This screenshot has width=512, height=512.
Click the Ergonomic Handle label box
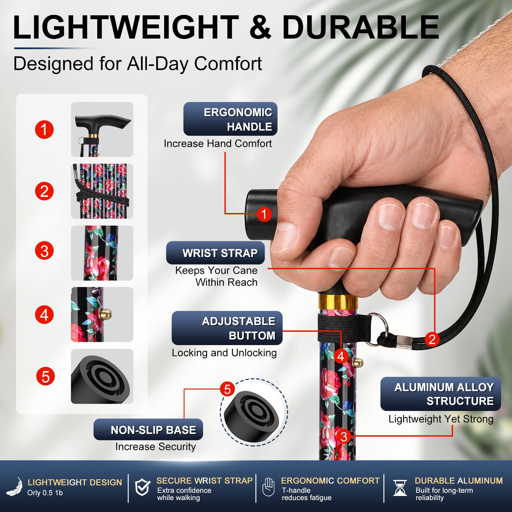click(x=230, y=119)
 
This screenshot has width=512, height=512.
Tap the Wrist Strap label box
click(x=215, y=253)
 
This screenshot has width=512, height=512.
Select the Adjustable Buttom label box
click(x=227, y=328)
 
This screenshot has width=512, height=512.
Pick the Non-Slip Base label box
click(x=148, y=429)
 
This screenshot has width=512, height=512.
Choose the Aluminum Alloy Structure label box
click(x=441, y=394)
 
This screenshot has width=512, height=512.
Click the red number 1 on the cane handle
click(x=264, y=214)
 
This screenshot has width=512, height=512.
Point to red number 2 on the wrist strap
click(x=432, y=339)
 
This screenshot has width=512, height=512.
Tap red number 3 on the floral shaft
click(x=344, y=436)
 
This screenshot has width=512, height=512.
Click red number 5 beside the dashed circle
click(x=227, y=389)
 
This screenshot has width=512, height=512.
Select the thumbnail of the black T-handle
click(x=102, y=129)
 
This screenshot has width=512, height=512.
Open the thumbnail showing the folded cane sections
click(x=102, y=191)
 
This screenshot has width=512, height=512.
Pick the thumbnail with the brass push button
click(x=102, y=314)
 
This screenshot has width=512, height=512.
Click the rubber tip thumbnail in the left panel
click(x=102, y=376)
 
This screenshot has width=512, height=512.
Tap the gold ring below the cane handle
click(x=338, y=301)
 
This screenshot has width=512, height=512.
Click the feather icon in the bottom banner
click(x=15, y=487)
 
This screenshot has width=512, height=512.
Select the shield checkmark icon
click(x=142, y=487)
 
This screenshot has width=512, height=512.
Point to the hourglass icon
click(x=400, y=488)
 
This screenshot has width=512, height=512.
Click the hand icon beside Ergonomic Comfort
click(x=269, y=487)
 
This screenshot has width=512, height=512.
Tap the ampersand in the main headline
click(x=260, y=27)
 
